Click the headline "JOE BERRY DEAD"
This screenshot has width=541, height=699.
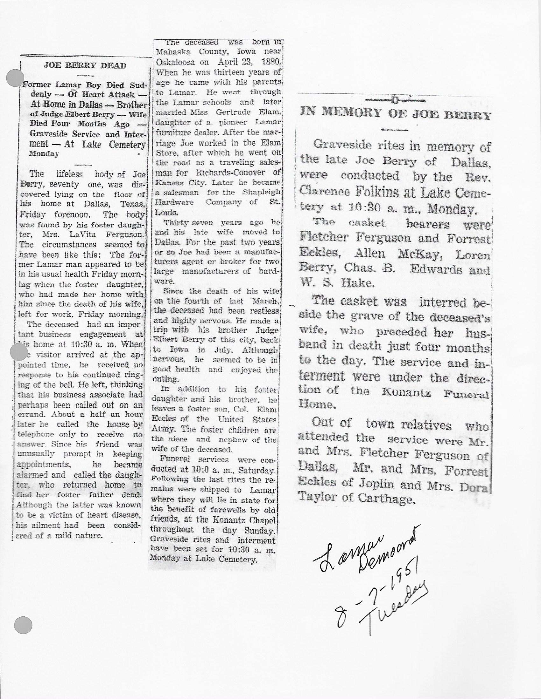(85, 66)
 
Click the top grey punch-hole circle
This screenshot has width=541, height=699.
(15, 78)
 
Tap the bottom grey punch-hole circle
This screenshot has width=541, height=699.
(23, 625)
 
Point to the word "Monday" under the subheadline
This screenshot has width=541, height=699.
(44, 154)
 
